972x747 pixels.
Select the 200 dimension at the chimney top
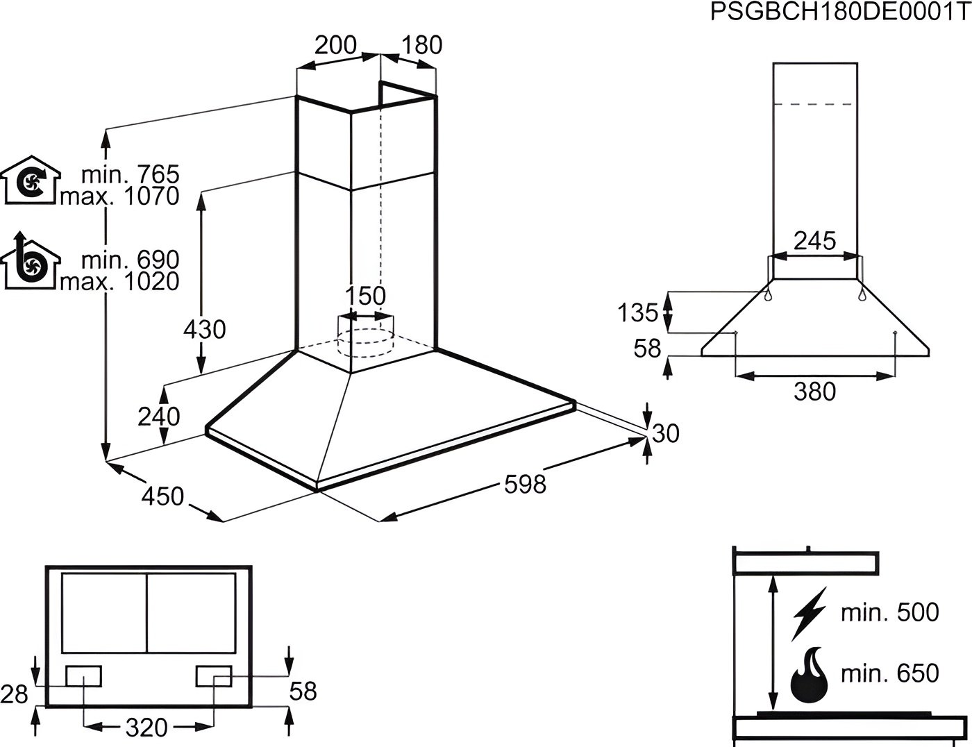(x=335, y=44)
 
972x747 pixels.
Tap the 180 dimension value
(x=422, y=44)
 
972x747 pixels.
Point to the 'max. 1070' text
(x=119, y=196)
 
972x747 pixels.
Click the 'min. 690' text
(x=130, y=260)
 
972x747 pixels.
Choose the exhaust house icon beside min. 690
(x=31, y=261)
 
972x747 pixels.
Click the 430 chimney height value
(x=204, y=330)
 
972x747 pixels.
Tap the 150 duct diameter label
(x=365, y=296)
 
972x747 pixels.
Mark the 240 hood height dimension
(x=159, y=417)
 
